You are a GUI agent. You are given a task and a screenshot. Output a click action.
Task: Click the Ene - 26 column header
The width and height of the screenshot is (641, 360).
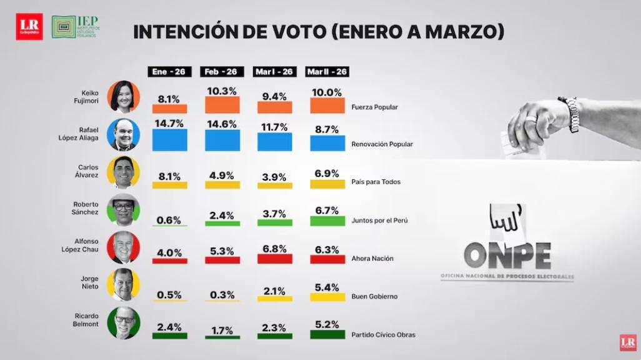(169, 72)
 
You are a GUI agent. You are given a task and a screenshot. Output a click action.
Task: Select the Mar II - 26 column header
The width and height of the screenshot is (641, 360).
(327, 72)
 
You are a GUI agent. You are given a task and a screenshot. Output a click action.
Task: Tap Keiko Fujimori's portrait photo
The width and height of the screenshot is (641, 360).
(124, 96)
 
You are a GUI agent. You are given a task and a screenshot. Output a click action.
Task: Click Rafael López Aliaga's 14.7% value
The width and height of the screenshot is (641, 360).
(169, 124)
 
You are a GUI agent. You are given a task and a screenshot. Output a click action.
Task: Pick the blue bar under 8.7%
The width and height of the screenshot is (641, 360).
(327, 143)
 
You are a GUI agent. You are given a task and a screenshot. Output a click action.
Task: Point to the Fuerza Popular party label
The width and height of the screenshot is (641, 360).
(375, 107)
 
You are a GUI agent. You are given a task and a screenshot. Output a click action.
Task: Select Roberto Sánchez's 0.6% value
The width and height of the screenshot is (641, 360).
(169, 220)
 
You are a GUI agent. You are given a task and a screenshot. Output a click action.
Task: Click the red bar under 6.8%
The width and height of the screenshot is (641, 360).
(274, 258)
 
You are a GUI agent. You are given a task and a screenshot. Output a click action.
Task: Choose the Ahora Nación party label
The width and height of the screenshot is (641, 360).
(374, 258)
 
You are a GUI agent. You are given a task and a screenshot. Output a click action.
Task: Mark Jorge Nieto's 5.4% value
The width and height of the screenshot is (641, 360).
(327, 287)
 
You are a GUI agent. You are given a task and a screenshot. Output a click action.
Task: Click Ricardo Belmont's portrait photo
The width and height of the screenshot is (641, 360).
(124, 324)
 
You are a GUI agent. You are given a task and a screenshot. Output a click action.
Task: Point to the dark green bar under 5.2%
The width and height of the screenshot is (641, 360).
(327, 334)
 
